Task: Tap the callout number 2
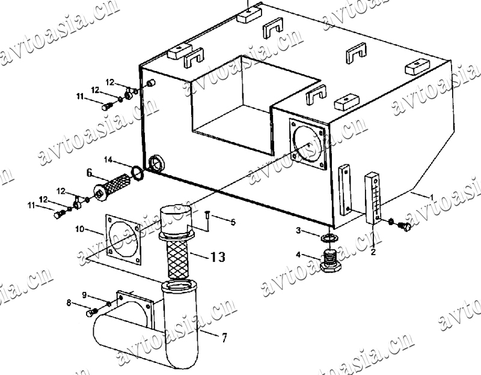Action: pyautogui.click(x=373, y=252)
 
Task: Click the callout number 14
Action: pyautogui.click(x=108, y=160)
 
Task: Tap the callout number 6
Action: pyautogui.click(x=89, y=173)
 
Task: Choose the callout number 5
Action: pyautogui.click(x=233, y=222)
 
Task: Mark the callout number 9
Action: pyautogui.click(x=85, y=294)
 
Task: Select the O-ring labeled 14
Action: pyautogui.click(x=137, y=173)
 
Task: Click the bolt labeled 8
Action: pyautogui.click(x=91, y=312)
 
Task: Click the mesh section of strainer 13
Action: pyautogui.click(x=177, y=258)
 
